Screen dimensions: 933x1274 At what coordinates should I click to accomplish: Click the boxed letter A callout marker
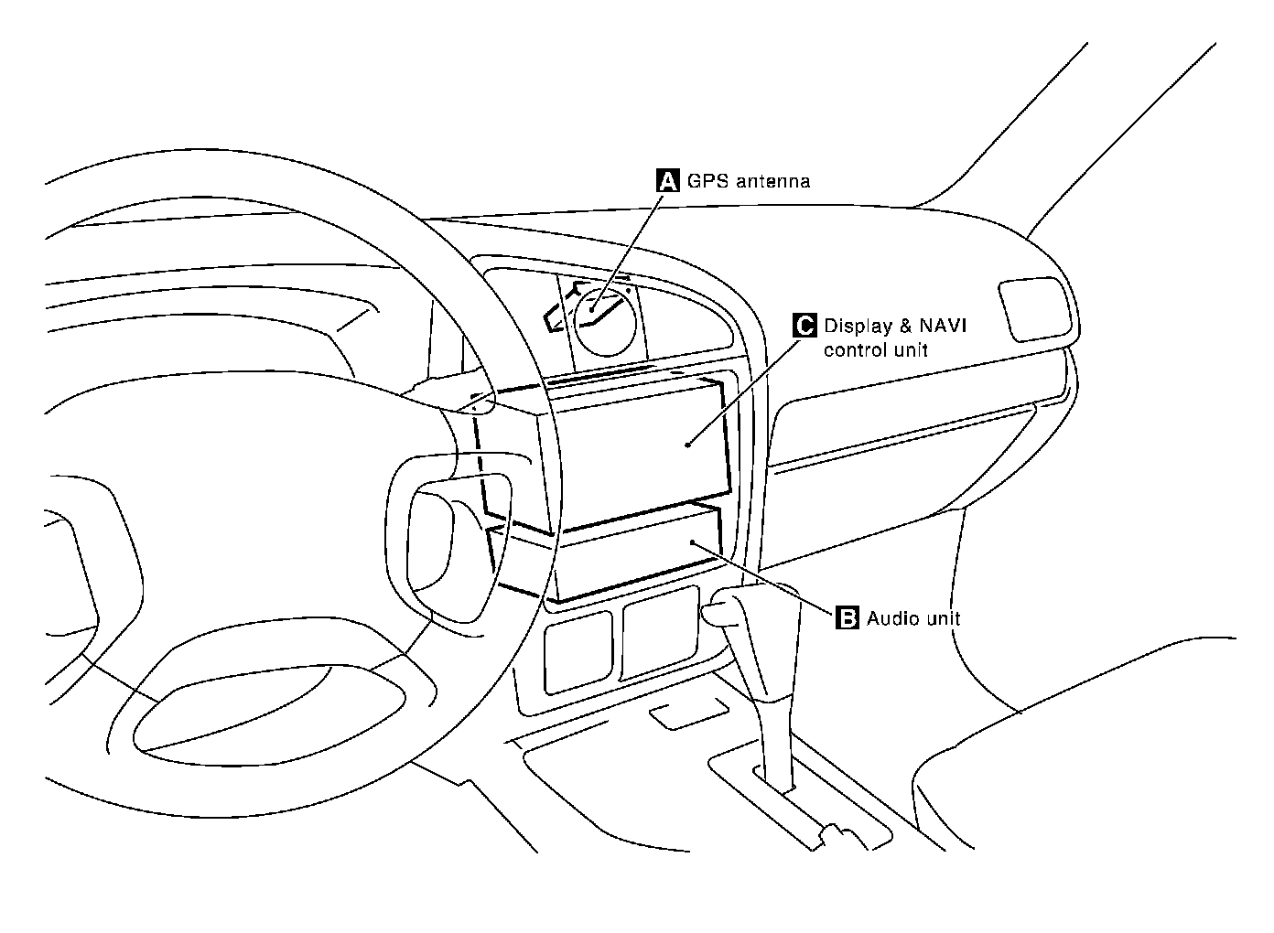point(669,180)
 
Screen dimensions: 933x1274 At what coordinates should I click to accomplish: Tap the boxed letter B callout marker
point(848,618)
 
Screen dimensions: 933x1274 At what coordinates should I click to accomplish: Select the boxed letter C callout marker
point(803,326)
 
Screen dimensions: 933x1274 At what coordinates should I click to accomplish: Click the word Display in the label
point(858,327)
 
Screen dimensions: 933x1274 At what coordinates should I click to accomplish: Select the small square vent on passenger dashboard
point(1035,308)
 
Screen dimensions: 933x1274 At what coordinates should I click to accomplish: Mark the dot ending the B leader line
point(693,542)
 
